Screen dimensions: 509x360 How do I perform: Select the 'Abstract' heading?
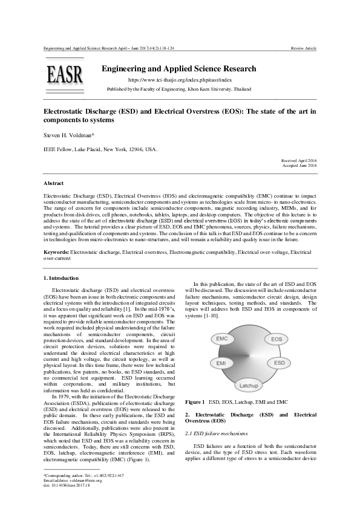click(x=54, y=182)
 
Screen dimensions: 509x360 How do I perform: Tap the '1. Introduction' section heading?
click(x=61, y=277)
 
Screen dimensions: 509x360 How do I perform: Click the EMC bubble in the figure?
click(x=222, y=339)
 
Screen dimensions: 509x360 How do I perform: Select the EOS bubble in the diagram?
click(x=276, y=340)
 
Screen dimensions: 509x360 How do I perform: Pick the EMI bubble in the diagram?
click(x=219, y=363)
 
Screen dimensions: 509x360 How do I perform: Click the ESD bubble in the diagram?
click(x=279, y=363)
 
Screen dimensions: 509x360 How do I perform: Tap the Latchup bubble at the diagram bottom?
click(x=249, y=384)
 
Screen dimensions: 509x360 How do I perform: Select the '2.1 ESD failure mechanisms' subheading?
click(x=216, y=433)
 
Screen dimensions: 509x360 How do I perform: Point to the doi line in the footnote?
click(x=63, y=485)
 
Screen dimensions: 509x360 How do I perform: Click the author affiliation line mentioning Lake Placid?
click(x=100, y=149)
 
